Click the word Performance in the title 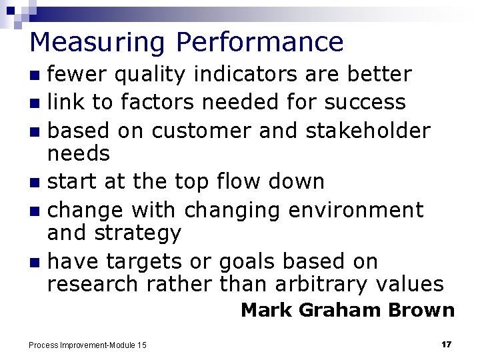pos(260,42)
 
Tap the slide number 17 pos(447,344)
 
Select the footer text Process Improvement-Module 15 pos(87,345)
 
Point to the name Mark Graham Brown pos(347,310)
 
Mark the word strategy pos(140,233)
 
